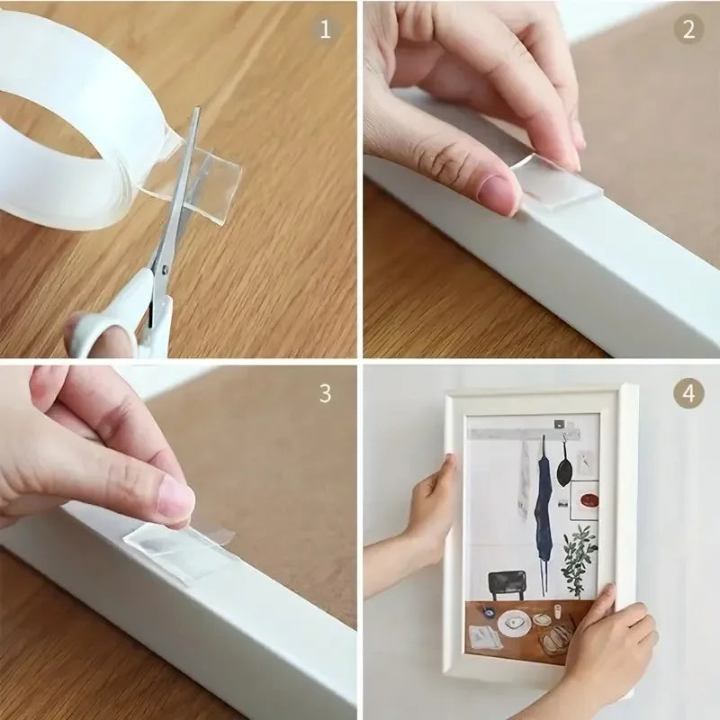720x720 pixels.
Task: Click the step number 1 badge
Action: (325, 30)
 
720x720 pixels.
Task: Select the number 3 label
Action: (325, 393)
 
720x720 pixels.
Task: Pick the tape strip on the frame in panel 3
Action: (180, 553)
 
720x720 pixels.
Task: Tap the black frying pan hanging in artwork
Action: (563, 468)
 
